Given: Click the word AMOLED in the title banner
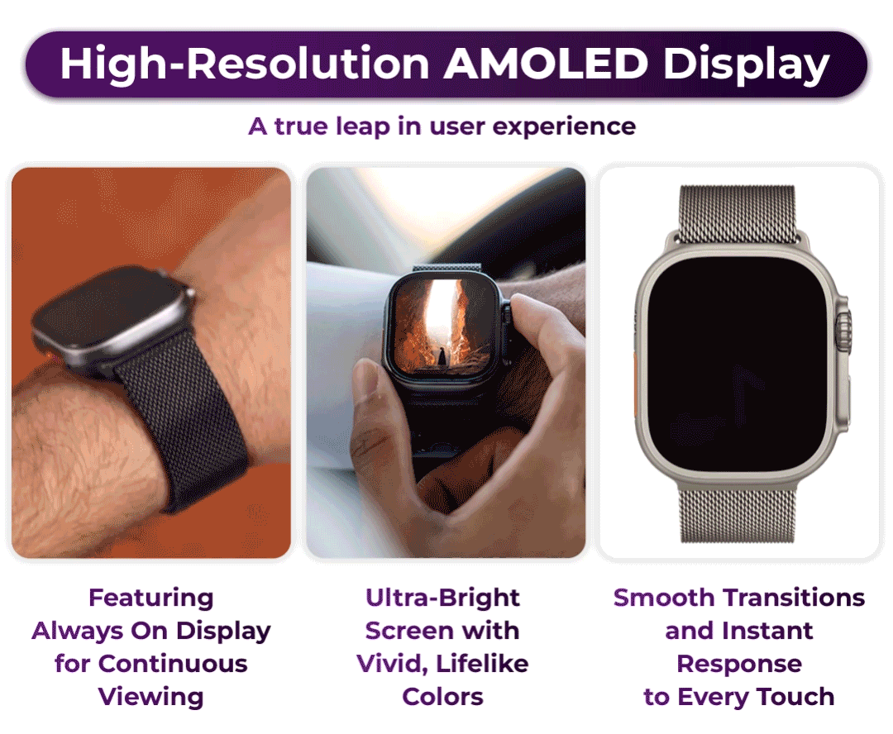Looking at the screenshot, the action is click(x=545, y=63).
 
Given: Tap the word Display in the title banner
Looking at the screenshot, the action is click(x=746, y=66).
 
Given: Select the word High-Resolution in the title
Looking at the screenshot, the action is click(x=244, y=63).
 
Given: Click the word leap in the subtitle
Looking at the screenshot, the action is click(x=362, y=127).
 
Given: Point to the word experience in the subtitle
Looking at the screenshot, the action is click(x=564, y=127).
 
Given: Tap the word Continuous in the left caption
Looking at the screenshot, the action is click(x=173, y=664).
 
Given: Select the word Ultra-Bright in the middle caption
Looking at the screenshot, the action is click(x=442, y=598).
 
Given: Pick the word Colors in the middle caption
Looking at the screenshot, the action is click(x=442, y=697).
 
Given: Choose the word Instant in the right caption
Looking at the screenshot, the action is click(x=765, y=631).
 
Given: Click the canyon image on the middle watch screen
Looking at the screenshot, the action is click(x=442, y=325).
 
